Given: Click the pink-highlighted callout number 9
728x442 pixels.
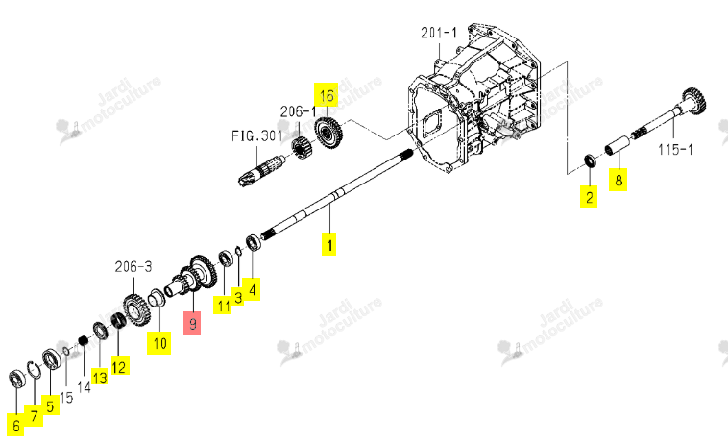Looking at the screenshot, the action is [x=192, y=323].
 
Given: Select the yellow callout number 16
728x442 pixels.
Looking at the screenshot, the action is [x=326, y=95].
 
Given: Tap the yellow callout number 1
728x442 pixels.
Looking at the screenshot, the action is [x=329, y=244].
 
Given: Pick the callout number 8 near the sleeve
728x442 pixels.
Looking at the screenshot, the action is [x=619, y=180].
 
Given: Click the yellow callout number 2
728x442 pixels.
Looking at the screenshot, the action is [x=589, y=197].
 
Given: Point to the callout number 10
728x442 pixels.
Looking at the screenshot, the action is [x=159, y=343].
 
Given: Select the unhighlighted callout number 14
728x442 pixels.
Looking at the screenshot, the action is [x=84, y=386].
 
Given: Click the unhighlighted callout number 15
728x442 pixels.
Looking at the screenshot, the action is [x=66, y=398].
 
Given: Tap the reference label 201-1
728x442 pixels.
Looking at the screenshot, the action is [x=439, y=33].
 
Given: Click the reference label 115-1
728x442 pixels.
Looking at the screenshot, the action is [x=675, y=150].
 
